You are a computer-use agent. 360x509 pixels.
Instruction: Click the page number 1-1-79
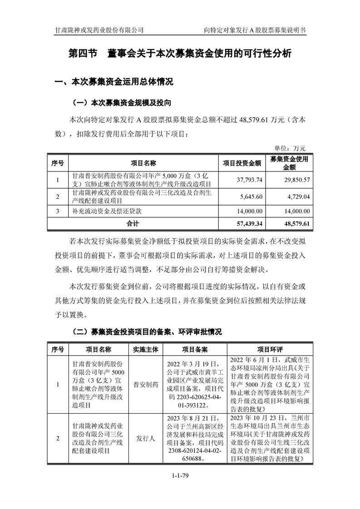(x=180, y=488)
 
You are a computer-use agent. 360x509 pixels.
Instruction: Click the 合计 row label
(x=133, y=224)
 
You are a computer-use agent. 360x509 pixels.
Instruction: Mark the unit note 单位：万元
(x=291, y=148)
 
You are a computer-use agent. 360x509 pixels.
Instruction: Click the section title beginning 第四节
(x=179, y=54)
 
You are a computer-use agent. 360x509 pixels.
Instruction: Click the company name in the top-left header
(x=99, y=30)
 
